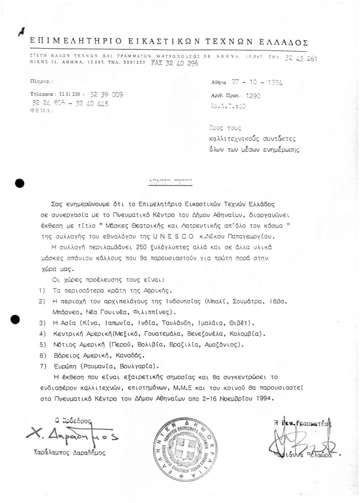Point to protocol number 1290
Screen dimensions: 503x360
point(253,96)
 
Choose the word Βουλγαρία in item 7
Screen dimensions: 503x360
point(140,366)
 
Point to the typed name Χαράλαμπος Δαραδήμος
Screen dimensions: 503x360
point(70,453)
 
